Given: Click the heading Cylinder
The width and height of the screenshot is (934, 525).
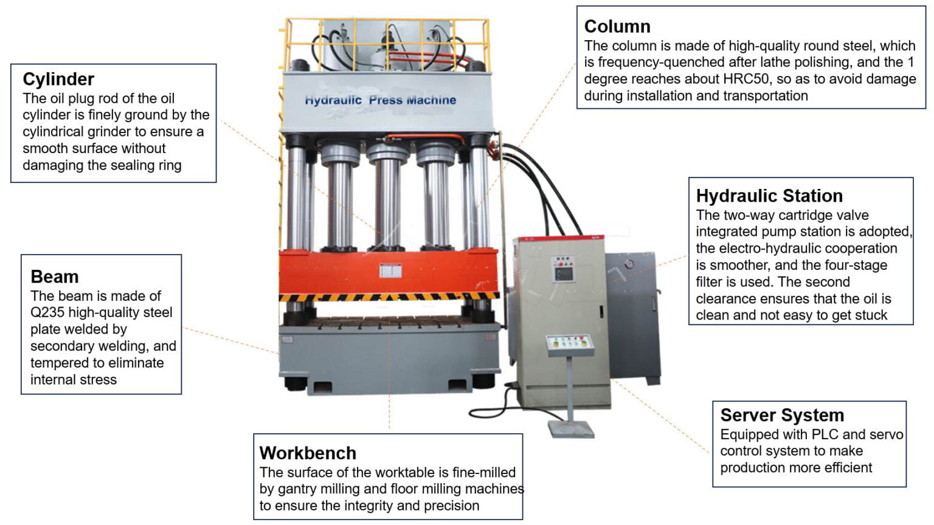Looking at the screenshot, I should coord(58,79).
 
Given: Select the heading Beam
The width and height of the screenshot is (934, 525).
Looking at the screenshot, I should coord(55,277).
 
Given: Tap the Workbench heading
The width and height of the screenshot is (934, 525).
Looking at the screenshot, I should coord(308,453).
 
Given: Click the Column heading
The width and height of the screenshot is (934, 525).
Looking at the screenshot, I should coord(617,27).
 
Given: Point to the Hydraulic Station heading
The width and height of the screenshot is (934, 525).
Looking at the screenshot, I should coord(769,196).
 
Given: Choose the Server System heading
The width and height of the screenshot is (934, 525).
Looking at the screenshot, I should coord(782,416).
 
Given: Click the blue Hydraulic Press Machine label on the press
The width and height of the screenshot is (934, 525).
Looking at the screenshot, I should coord(380,100).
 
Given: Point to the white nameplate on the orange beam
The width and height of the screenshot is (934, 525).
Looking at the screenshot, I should coord(390,270).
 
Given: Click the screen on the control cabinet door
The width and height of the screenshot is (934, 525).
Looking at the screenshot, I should coord(564,272).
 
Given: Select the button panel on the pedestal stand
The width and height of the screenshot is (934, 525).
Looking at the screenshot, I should coord(569,345).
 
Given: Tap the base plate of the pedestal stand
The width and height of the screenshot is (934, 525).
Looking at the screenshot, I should coord(571,429).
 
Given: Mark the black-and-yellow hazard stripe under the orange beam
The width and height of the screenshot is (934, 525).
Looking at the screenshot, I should coord(389,297).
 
